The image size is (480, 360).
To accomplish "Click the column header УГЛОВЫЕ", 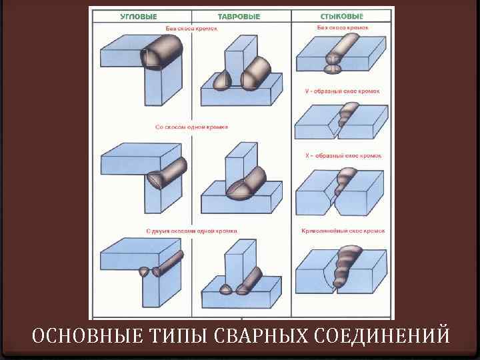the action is pos(139,16).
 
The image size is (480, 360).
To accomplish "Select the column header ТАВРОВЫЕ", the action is pos(239,16).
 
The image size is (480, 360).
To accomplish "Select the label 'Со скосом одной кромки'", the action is pos(191,126).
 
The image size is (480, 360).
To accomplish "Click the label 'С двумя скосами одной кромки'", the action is pos(191,231).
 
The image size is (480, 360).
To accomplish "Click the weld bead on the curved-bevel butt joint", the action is pos(347,263).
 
